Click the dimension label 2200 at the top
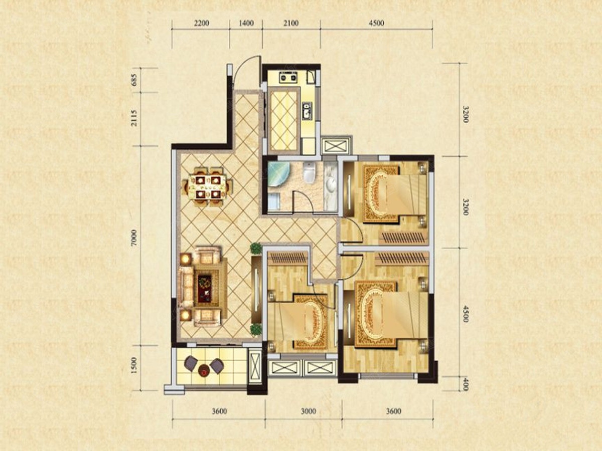pos(202,23)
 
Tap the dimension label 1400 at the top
pos(246,23)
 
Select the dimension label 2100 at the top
pos(291,23)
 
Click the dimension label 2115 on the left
pos(134,118)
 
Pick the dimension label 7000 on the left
pos(134,238)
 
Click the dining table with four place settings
pos(207,187)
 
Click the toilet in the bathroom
pos(310,173)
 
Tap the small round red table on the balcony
pos(204,370)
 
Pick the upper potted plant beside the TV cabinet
pos(256,249)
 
